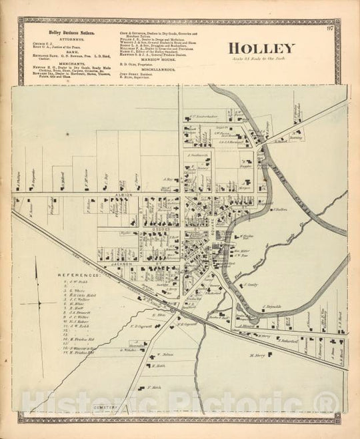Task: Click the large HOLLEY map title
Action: [262, 48]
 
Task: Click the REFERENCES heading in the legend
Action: [78, 274]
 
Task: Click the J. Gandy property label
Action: [251, 284]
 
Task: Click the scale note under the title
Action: [262, 61]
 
